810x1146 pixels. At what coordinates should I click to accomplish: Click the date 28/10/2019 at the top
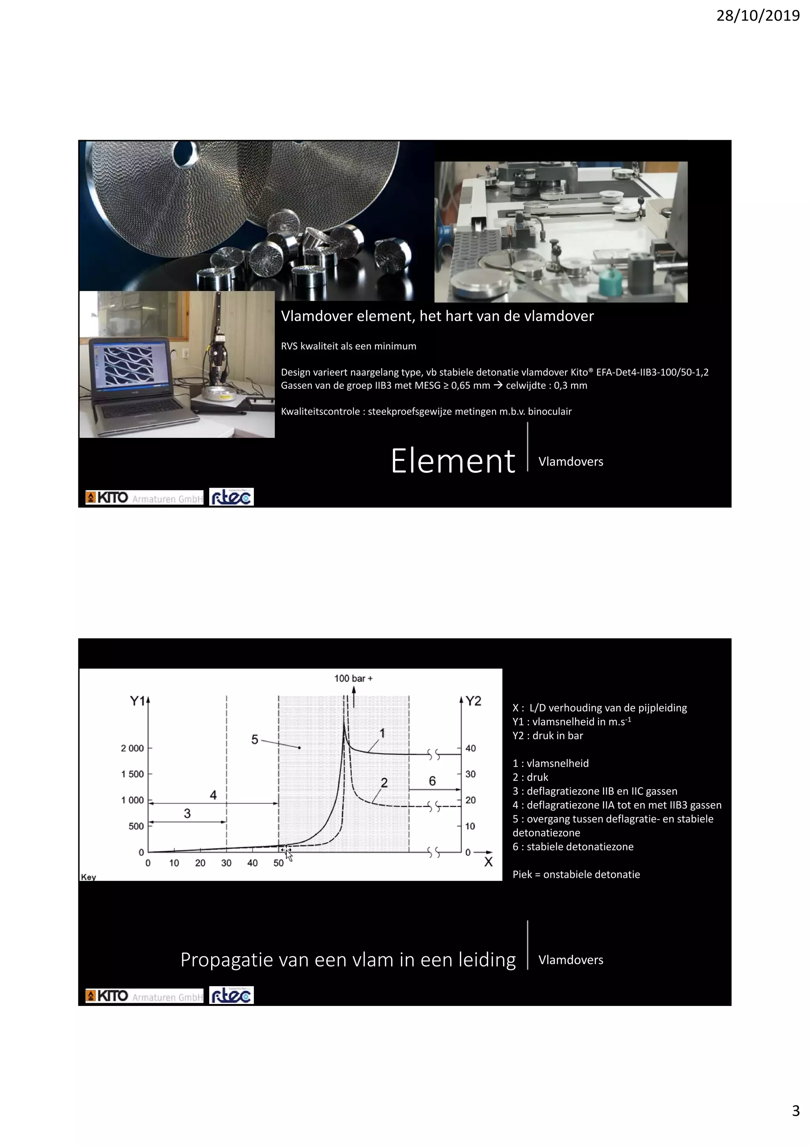pos(758,16)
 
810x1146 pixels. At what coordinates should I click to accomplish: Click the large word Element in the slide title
pos(453,461)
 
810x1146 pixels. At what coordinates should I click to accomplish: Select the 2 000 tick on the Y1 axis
pos(132,748)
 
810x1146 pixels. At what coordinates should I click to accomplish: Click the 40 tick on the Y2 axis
pos(471,748)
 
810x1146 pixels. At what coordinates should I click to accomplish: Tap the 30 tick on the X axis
pos(226,863)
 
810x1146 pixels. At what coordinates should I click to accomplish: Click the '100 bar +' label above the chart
pos(353,678)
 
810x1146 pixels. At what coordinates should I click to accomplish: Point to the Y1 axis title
pos(137,701)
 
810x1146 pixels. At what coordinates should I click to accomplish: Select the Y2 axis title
pos(474,701)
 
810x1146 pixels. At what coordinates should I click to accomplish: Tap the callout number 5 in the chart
pos(255,739)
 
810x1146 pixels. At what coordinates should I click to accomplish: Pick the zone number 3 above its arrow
pos(187,813)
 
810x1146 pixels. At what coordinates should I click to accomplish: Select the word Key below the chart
pos(88,877)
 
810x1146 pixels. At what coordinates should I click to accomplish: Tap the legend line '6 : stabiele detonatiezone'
pos(573,847)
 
